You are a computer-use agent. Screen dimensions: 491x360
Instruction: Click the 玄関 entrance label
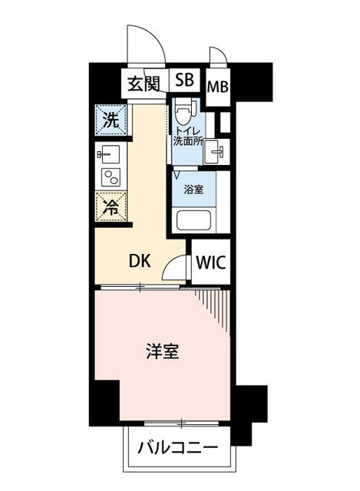[x=144, y=82]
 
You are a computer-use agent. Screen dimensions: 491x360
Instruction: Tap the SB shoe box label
[x=184, y=81]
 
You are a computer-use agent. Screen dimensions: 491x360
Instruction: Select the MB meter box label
[x=216, y=86]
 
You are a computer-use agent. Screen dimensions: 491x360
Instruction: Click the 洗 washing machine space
[x=111, y=120]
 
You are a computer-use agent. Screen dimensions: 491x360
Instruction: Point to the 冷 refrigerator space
[x=111, y=206]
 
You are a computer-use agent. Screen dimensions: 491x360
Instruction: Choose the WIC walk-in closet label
[x=210, y=262]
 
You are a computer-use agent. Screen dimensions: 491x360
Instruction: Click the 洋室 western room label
[x=163, y=353]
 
